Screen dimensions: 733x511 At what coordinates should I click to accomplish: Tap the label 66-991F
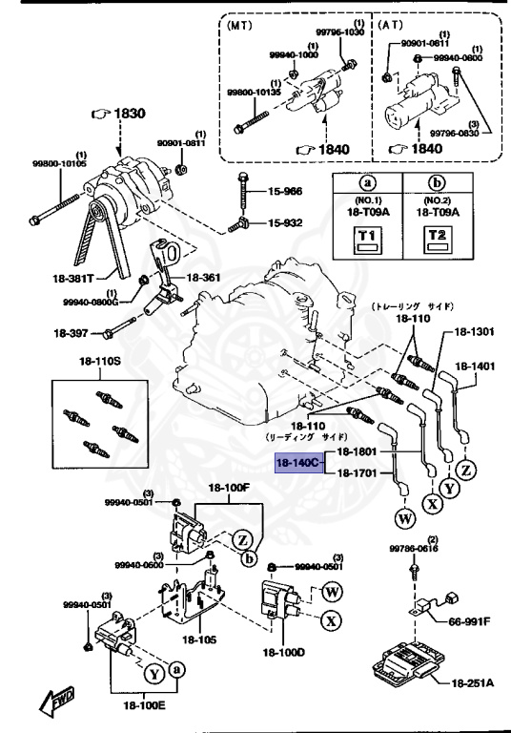pyautogui.click(x=469, y=621)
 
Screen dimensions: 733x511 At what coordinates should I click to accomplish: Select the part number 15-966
pyautogui.click(x=283, y=191)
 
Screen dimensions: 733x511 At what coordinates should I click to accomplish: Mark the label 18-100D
pyautogui.click(x=283, y=653)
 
